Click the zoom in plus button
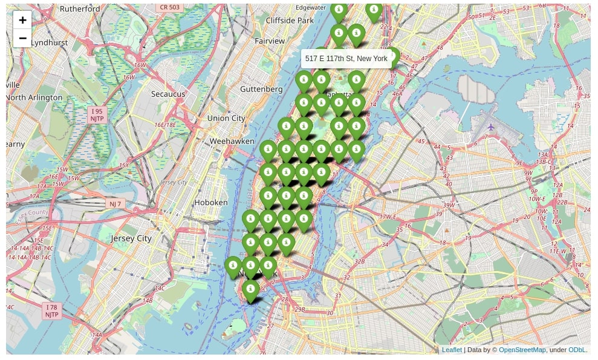pos(22,20)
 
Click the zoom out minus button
pos(22,38)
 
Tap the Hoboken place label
pos(211,202)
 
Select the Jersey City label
pos(131,238)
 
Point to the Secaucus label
pos(168,94)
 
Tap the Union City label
pos(226,118)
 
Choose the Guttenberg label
pos(261,89)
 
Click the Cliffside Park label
pos(290,21)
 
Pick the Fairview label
pos(270,41)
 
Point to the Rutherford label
pos(80,9)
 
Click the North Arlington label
pos(34,97)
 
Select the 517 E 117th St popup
pos(346,59)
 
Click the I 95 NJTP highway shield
pos(97,115)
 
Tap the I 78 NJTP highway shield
pos(51,311)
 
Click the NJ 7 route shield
pos(115,204)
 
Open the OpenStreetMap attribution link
pos(522,350)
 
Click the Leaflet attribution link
pos(452,350)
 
